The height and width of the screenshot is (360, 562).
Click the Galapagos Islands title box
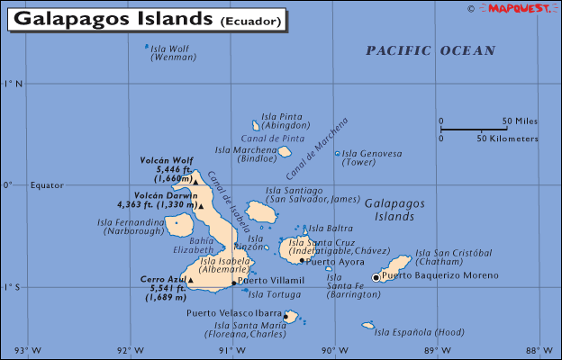coord(150,18)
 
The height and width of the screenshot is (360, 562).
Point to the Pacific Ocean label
coord(431,51)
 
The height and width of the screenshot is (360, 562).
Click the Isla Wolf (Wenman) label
coord(170,52)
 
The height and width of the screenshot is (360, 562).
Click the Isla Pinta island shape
coord(256,127)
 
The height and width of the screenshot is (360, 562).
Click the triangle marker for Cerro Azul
coord(191,280)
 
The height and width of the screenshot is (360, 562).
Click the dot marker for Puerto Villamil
coord(234,283)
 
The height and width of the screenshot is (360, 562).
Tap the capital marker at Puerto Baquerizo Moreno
coord(376,277)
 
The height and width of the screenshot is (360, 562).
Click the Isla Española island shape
coord(367,325)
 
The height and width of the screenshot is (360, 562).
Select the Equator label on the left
coord(47,185)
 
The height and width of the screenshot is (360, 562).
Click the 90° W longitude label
coord(334,351)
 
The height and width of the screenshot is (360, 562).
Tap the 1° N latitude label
coord(13,84)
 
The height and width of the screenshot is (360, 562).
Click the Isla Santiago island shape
coord(261,212)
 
